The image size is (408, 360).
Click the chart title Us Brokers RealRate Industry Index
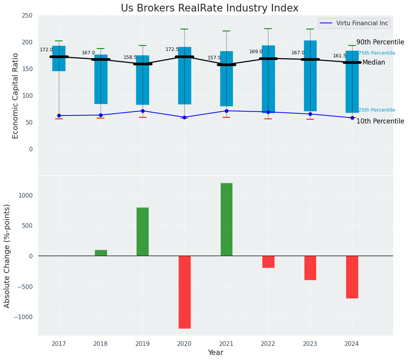point(210,8)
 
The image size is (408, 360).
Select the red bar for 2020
point(184,292)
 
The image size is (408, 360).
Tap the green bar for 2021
point(226,219)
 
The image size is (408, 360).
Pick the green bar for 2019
point(143,232)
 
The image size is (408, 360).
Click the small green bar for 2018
point(101,253)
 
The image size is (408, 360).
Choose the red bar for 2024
point(352,277)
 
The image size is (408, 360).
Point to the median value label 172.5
point(172,49)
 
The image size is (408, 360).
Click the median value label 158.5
point(130,57)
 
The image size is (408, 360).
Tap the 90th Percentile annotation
point(380,42)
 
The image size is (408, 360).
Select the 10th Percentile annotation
point(380,121)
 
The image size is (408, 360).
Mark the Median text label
point(374,62)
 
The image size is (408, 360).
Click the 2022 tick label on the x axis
point(268,344)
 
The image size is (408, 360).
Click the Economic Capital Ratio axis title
point(16,96)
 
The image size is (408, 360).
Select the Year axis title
point(216,353)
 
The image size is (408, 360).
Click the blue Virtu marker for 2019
point(143,111)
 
